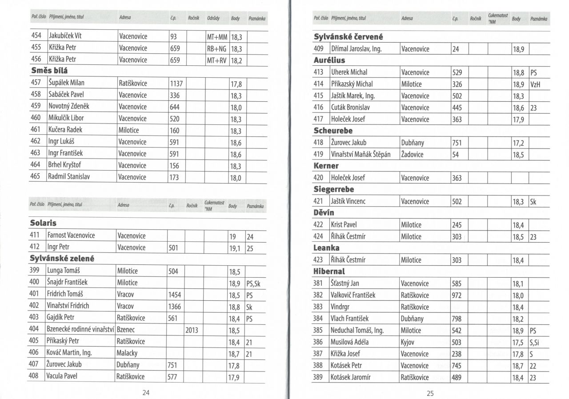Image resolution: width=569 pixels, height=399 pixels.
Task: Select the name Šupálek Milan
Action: [x=66, y=83]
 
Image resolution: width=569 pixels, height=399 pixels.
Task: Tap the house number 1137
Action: [x=177, y=83]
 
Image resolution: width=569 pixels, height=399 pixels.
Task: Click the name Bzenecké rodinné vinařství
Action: [x=80, y=330]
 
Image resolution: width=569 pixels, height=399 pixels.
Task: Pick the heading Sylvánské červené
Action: [x=349, y=37]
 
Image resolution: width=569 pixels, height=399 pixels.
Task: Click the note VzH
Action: [x=535, y=84]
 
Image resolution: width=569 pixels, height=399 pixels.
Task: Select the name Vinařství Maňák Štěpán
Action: [x=361, y=155]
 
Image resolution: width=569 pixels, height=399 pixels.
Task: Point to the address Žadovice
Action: [x=412, y=155]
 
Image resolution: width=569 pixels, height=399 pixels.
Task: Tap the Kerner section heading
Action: [x=326, y=166]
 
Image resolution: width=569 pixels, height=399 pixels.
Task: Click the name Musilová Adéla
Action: [x=350, y=342]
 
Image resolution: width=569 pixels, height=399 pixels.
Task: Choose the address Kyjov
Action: [x=409, y=342]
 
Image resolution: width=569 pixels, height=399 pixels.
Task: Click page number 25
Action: [x=430, y=392]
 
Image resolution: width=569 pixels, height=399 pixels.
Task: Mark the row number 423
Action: [x=318, y=260]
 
